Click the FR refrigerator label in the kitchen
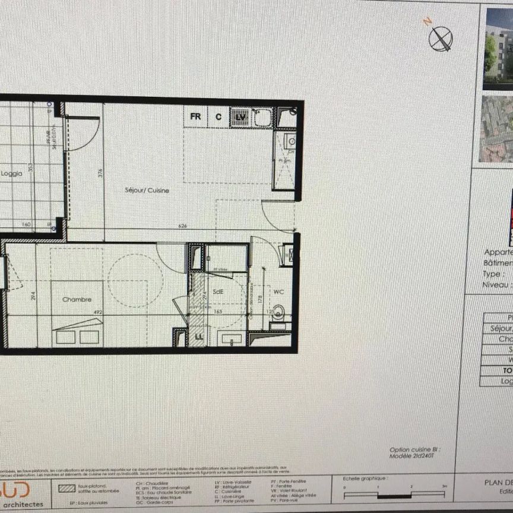click(195, 117)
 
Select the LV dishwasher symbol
click(240, 117)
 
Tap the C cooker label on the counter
click(218, 117)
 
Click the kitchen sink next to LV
click(262, 117)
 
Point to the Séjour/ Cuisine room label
click(147, 191)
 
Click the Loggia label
click(11, 174)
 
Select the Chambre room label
click(77, 299)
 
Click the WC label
click(278, 292)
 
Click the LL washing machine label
click(199, 337)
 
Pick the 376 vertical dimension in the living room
click(100, 173)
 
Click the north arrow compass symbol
click(440, 39)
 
